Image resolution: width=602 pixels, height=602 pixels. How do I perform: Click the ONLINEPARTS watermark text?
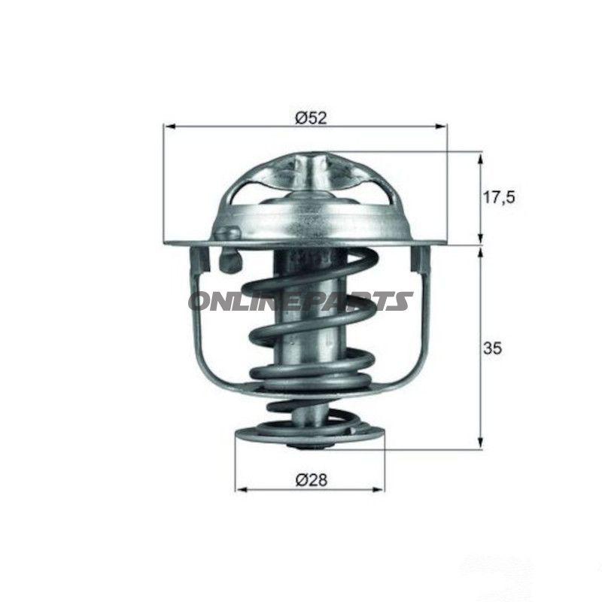click(x=300, y=301)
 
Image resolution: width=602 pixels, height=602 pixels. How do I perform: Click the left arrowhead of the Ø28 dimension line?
click(x=241, y=489)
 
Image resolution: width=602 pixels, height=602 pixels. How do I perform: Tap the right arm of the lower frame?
click(x=421, y=331)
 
